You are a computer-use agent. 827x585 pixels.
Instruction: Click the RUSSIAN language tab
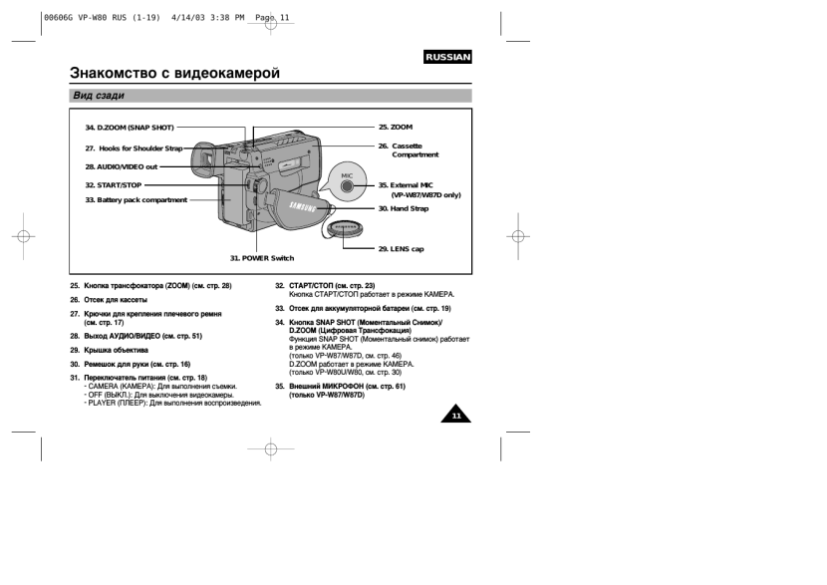click(446, 58)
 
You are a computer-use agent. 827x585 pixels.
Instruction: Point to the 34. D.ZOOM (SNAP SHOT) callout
click(130, 128)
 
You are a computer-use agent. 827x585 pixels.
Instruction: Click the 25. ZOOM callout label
click(395, 128)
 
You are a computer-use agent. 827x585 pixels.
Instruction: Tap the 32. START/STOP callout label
click(114, 185)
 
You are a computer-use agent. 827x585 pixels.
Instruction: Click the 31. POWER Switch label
click(262, 258)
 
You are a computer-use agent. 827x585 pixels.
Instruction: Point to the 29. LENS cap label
click(401, 249)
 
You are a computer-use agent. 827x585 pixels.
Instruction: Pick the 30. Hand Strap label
click(404, 208)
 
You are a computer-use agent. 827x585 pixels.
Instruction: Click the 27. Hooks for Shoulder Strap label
click(135, 147)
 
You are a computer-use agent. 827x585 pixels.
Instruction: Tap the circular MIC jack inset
click(347, 182)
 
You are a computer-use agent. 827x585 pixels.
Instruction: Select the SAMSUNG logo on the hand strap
click(303, 207)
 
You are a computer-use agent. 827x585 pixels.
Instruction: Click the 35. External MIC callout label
click(406, 185)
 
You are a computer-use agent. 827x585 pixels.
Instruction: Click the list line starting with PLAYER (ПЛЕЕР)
click(171, 404)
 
